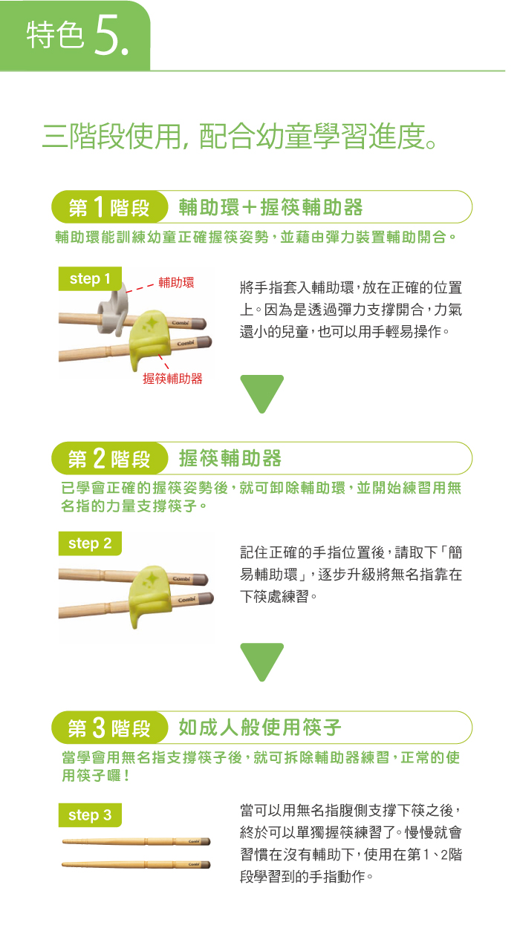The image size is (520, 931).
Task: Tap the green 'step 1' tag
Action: pos(90,278)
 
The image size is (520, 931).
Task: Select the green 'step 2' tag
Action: pos(90,543)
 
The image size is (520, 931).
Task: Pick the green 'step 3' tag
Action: pos(90,815)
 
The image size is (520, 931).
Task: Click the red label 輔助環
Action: pos(176,283)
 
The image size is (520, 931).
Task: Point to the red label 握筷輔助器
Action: pos(172,379)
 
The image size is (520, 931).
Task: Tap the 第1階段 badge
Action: pos(110,207)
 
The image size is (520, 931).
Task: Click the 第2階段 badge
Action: pos(110,458)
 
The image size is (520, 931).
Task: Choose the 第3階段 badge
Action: pos(110,728)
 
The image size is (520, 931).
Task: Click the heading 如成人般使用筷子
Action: pos(260,728)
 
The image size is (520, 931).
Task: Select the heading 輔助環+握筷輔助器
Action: pos(271,207)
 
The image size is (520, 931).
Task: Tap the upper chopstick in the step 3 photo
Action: pos(136,842)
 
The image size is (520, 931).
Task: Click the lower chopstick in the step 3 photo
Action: pos(136,865)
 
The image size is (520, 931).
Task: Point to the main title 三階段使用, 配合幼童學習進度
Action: pos(240,137)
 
